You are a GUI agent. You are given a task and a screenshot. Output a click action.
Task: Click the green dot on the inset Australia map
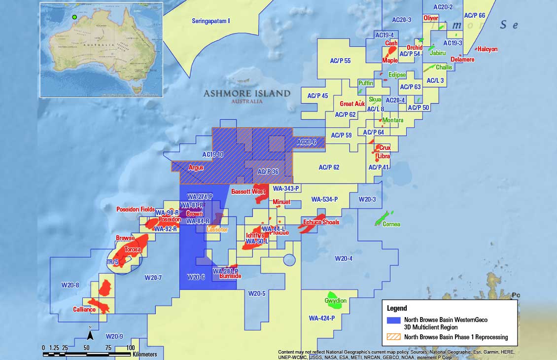74,17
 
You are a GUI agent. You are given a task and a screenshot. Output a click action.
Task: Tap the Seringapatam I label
211,21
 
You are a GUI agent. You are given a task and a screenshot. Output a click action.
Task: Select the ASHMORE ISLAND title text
247,93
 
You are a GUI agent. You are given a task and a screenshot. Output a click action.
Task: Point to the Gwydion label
335,301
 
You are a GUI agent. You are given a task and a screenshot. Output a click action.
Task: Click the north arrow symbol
90,335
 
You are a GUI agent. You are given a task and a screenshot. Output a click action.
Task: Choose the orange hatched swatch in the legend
394,337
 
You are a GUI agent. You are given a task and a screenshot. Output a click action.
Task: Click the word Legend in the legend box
397,308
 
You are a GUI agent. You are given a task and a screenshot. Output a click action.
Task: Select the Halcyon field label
487,49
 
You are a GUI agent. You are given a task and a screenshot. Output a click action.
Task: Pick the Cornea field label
391,224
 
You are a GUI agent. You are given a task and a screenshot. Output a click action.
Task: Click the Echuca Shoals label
321,222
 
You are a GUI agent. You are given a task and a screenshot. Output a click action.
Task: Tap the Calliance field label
84,310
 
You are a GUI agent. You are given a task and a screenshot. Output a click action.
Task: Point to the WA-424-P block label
321,318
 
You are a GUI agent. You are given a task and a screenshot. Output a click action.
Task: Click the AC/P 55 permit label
340,61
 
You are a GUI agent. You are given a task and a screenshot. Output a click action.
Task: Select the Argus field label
196,168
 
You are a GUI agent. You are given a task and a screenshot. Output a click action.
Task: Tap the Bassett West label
248,191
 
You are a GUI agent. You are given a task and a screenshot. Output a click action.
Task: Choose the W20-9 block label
114,336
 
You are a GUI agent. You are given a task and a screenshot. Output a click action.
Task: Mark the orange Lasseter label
217,230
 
